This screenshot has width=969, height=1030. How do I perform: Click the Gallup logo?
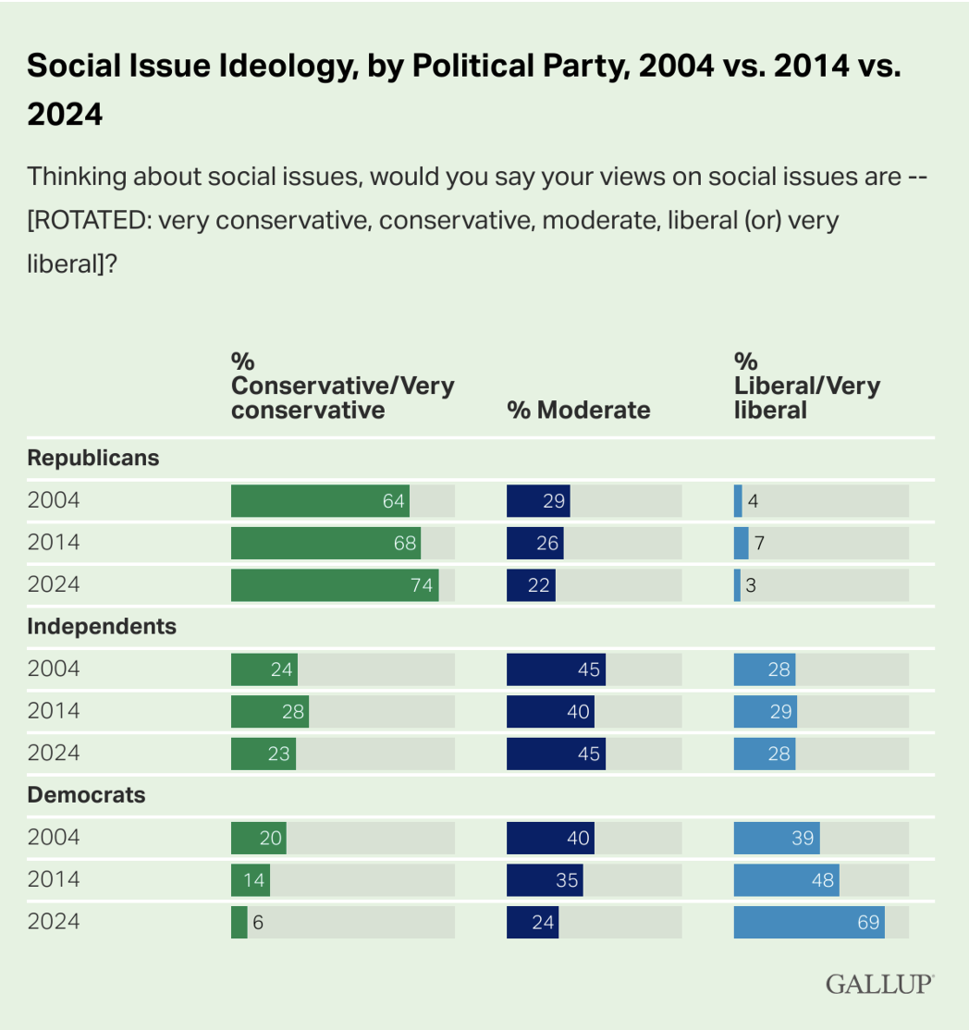point(879,984)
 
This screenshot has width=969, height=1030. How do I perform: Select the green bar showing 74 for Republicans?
point(334,585)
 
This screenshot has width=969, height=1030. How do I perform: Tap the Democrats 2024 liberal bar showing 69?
point(808,922)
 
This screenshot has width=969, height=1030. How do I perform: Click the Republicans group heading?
point(93,458)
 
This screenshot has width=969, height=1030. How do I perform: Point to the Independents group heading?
point(102,626)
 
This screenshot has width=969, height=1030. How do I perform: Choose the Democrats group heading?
point(87,794)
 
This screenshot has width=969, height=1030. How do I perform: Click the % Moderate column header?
point(579,410)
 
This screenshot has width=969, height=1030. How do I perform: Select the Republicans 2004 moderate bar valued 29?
point(538,501)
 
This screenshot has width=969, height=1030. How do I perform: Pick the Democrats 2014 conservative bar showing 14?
point(250,879)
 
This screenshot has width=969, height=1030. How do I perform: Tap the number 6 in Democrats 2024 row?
point(258,922)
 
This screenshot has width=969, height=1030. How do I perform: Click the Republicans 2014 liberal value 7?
point(759,543)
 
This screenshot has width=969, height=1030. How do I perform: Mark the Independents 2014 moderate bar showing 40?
point(550,711)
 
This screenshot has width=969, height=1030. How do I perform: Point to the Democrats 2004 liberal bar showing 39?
point(777,838)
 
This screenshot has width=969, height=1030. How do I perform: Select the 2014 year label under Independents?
point(54,711)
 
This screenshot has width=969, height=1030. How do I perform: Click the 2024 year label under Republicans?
point(54,585)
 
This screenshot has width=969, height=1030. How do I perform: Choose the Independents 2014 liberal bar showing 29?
point(765,711)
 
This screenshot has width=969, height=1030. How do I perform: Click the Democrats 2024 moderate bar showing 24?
point(533,922)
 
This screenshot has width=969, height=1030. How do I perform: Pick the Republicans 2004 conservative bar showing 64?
point(320,501)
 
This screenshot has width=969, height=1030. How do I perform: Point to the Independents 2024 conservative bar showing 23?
point(264,754)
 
